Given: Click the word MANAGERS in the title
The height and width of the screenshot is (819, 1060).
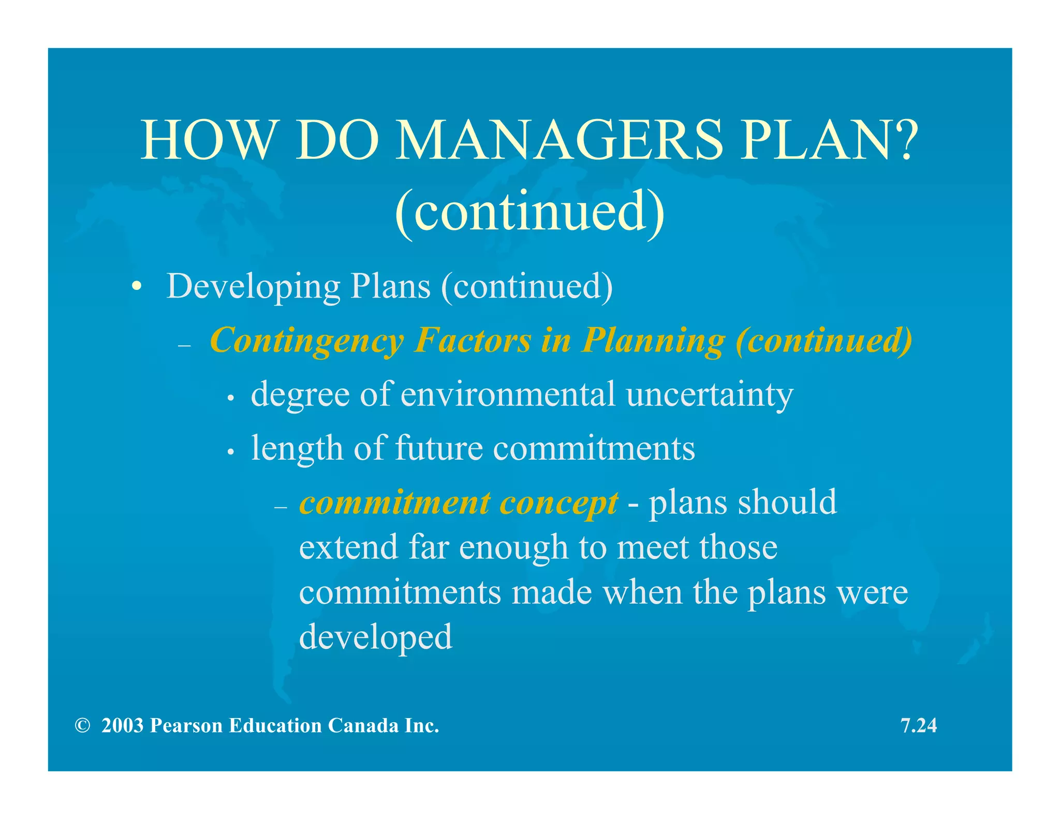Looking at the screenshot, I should click(559, 140).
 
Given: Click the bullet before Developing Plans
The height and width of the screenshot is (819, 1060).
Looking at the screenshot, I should click(136, 286).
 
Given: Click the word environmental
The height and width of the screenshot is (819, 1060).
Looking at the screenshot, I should click(508, 394).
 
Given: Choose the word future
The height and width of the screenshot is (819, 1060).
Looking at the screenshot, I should click(439, 448).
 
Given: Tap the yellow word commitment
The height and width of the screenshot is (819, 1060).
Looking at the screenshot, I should click(395, 503).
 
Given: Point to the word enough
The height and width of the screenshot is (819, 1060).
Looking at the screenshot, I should click(513, 548).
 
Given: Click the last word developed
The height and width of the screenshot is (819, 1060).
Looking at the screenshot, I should click(376, 638).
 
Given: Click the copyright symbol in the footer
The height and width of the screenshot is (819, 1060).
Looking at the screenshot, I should click(82, 725).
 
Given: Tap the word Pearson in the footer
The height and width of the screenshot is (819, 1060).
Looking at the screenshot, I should click(186, 725).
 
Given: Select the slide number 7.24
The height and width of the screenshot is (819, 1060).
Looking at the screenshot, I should click(919, 725).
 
